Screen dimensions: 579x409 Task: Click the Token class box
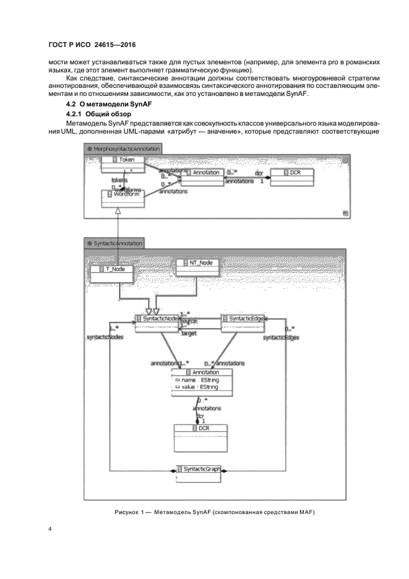pos(122,163)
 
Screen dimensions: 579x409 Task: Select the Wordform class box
pos(123,198)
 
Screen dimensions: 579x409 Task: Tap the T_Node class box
pos(111,273)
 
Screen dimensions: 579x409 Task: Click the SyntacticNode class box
pos(157,323)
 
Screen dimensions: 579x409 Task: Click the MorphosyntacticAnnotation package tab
pos(124,148)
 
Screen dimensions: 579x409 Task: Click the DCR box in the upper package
pos(290,176)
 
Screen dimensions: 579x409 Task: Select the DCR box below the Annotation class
pos(200,432)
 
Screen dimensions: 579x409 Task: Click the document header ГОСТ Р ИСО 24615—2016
pos(92,46)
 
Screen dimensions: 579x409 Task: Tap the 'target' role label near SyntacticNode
pos(189,333)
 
